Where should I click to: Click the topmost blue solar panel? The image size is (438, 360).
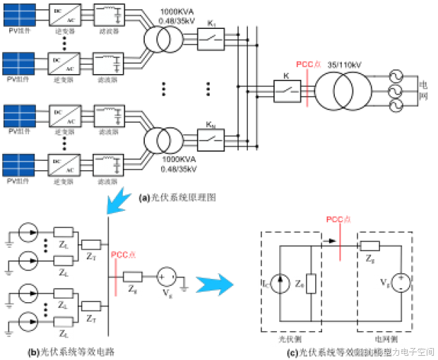tap(19, 15)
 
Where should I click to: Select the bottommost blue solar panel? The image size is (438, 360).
tap(19, 165)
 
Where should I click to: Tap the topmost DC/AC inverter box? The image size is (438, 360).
tap(64, 16)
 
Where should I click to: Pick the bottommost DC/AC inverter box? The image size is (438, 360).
tap(64, 165)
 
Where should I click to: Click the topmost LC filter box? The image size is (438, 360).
tap(109, 15)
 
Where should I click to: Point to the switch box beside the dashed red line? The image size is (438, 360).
tap(288, 91)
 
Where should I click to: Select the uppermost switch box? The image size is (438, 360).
tap(211, 40)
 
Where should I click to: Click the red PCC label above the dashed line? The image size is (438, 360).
tap(309, 64)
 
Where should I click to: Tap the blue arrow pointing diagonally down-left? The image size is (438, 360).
tap(118, 200)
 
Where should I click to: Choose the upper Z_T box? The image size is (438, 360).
tap(91, 256)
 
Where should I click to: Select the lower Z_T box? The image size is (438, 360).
tap(91, 318)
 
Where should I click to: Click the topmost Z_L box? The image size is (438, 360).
tap(64, 244)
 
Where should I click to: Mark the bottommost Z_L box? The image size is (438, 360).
tap(64, 333)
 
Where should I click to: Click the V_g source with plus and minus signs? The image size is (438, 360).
tap(391, 282)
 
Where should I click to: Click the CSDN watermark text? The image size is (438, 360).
tap(393, 351)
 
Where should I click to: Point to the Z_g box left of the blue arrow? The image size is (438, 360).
tap(133, 289)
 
